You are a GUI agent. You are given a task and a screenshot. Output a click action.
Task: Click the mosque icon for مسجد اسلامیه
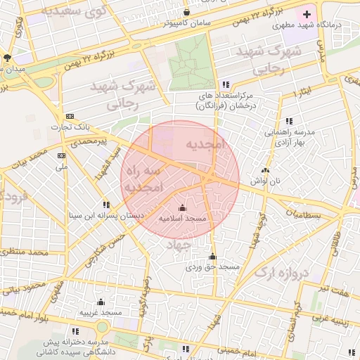point(183,207)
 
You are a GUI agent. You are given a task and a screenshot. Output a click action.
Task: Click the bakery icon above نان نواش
point(265,170)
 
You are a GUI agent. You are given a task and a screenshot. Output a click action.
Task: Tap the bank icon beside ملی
point(62,156)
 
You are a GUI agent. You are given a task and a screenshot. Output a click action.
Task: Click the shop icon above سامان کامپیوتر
point(186,12)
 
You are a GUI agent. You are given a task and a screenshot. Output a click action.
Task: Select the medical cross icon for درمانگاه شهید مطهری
point(307,14)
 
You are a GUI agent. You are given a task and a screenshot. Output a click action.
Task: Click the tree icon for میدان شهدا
point(7,57)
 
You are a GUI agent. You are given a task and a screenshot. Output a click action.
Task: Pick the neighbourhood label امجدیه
point(204,144)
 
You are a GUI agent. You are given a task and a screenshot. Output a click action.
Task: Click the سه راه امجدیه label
point(144,180)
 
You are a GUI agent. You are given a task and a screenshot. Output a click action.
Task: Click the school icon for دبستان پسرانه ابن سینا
point(106,205)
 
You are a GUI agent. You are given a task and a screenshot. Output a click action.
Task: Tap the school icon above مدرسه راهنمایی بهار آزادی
point(289,121)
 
